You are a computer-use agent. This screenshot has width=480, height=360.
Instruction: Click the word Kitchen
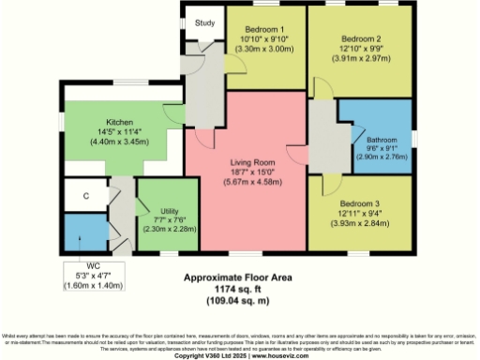pos(125,122)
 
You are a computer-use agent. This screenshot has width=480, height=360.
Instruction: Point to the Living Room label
pos(251,162)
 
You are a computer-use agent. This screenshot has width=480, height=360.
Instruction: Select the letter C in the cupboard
pos(85,196)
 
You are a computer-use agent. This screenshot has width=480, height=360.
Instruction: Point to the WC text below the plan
pos(92,265)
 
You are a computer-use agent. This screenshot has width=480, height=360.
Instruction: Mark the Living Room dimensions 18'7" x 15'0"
pos(251,172)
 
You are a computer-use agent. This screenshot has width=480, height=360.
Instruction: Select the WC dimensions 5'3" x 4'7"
pos(92,274)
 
